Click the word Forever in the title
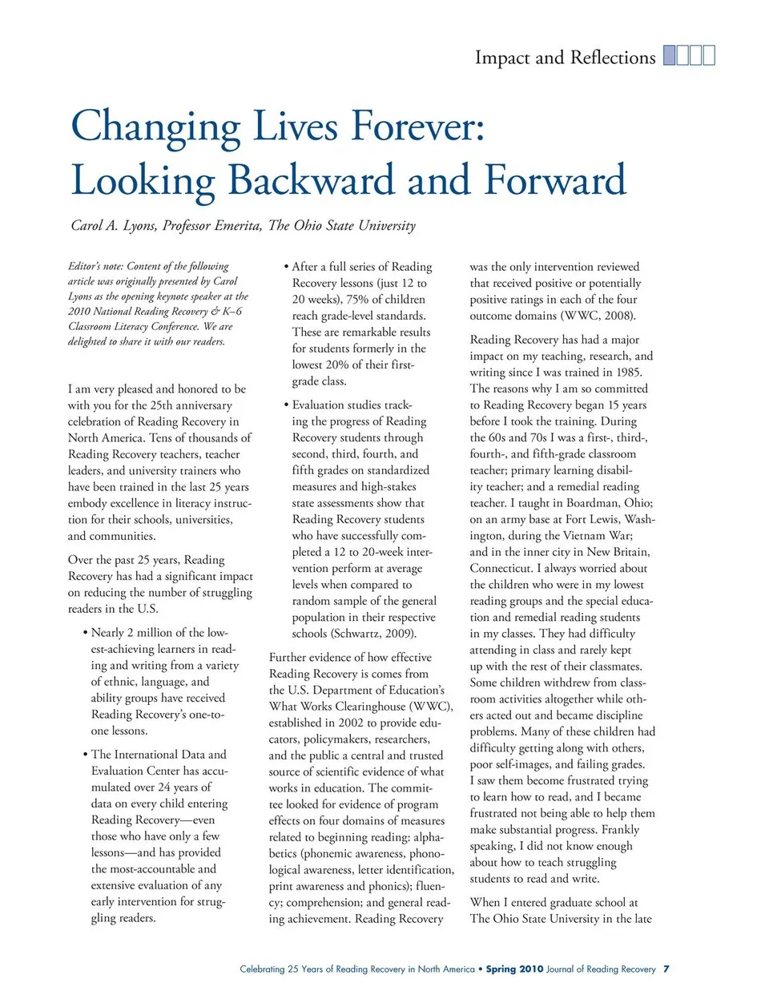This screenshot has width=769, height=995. click(416, 127)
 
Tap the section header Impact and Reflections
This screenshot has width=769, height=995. click(565, 58)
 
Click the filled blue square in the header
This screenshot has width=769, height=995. click(670, 55)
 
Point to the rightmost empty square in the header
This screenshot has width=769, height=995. click(709, 55)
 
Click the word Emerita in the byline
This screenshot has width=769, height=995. click(236, 226)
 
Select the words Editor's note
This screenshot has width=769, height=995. click(95, 266)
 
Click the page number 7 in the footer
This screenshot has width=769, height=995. click(666, 969)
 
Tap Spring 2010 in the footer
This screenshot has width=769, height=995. click(514, 969)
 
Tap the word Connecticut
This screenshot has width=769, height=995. click(501, 568)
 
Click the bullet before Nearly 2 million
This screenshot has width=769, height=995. click(85, 633)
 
